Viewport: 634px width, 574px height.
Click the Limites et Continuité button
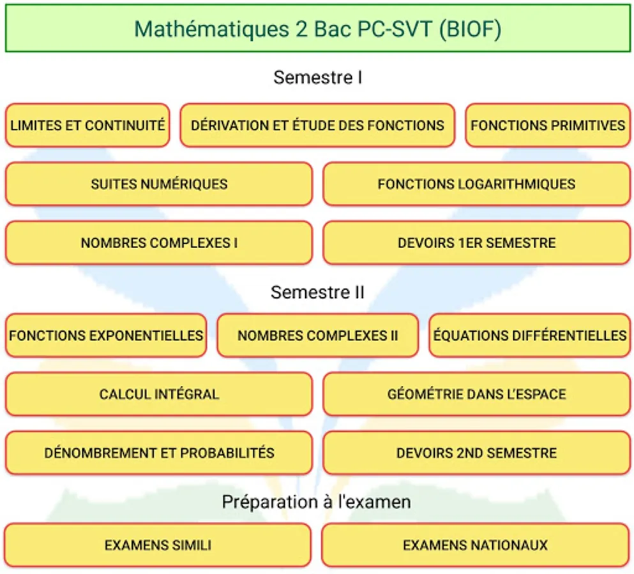tap(87, 125)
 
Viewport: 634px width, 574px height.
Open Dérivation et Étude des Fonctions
tap(317, 125)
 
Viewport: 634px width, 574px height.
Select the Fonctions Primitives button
tap(548, 125)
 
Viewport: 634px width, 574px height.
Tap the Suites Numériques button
tap(159, 184)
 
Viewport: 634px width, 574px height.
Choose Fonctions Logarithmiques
tap(477, 184)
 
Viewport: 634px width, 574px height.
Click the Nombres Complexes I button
tap(159, 243)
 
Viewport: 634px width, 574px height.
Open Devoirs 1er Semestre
tap(477, 243)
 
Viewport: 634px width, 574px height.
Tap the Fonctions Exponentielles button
tap(106, 335)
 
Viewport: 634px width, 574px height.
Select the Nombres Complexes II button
tap(317, 335)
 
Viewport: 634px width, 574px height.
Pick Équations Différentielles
tap(530, 335)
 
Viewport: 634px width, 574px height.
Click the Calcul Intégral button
tap(159, 394)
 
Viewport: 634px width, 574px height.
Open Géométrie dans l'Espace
tap(477, 394)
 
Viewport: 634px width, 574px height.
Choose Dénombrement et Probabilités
tap(159, 453)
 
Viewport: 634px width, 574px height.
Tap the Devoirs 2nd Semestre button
tap(477, 453)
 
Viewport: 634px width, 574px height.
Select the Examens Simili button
tap(158, 545)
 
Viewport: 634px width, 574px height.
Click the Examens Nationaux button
tap(475, 545)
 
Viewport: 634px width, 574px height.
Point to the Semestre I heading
tap(317, 77)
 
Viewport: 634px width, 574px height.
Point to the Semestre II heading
tap(317, 292)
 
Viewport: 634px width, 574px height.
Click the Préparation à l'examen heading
tap(316, 502)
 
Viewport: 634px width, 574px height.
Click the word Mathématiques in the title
tap(211, 29)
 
